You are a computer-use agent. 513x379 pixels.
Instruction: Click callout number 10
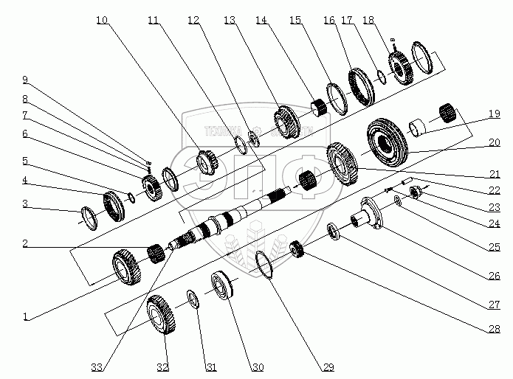(101, 20)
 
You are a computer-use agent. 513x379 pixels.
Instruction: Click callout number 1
(27, 318)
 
